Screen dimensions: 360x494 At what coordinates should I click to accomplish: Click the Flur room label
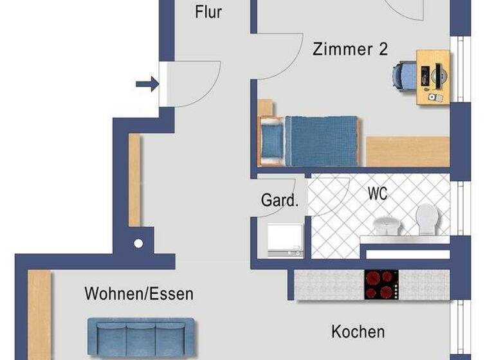tap(208, 12)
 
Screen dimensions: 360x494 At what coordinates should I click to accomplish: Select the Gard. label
tap(280, 200)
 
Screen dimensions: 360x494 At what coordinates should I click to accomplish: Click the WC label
tap(378, 193)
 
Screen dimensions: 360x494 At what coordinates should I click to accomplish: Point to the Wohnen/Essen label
tap(139, 294)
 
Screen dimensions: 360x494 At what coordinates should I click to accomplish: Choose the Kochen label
tap(358, 332)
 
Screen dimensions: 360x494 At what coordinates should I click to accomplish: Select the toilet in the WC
tap(426, 219)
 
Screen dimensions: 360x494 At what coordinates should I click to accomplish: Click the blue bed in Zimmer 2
tap(320, 141)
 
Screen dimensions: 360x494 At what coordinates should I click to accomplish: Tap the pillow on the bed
tap(272, 141)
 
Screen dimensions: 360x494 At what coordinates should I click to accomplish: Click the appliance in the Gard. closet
tap(284, 239)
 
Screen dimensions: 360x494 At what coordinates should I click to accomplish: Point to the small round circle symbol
tap(138, 244)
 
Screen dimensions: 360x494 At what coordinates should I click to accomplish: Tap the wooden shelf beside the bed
tap(407, 152)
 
